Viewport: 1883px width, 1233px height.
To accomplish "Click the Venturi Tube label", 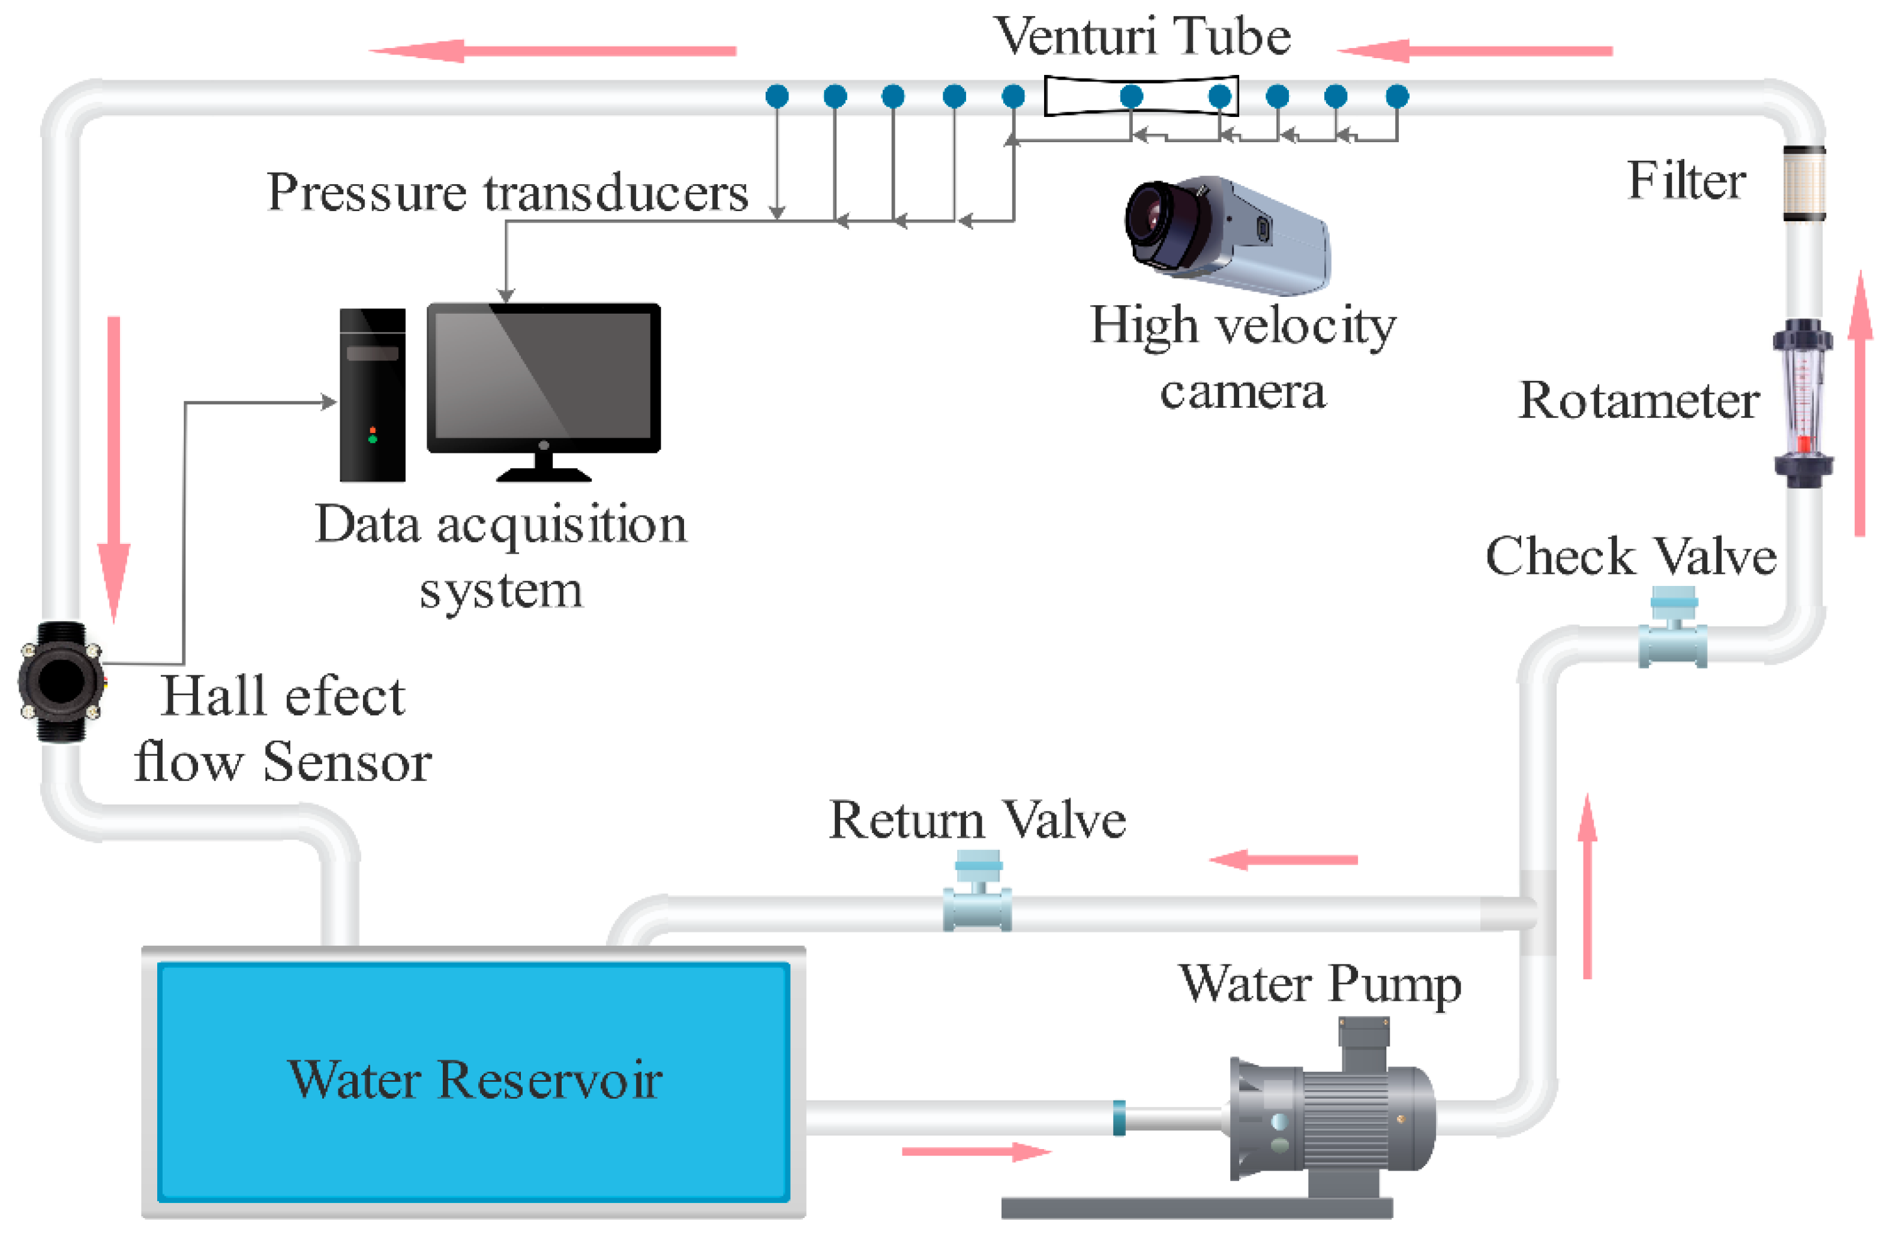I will (1142, 37).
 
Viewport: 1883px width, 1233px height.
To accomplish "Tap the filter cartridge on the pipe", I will (1804, 183).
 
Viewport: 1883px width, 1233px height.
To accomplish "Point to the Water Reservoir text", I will (474, 1079).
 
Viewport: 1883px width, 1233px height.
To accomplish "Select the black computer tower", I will (373, 395).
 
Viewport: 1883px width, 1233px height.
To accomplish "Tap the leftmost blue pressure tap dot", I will (777, 97).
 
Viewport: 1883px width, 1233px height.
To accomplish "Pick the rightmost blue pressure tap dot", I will (1397, 97).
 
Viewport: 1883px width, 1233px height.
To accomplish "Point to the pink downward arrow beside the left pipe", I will (114, 467).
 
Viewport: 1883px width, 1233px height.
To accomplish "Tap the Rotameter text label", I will (1639, 401).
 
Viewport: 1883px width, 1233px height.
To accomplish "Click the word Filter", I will (1686, 181).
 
